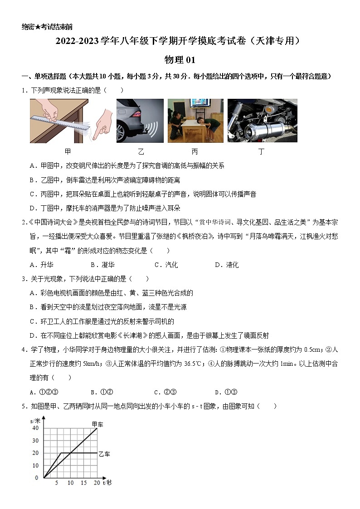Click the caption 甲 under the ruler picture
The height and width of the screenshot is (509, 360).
(68, 151)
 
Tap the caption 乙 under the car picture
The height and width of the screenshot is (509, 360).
(141, 151)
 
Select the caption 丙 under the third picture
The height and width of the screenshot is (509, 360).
(195, 151)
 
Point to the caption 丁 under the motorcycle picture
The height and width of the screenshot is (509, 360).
(261, 151)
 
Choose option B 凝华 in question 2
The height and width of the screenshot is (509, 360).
(102, 265)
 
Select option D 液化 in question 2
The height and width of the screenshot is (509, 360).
(227, 265)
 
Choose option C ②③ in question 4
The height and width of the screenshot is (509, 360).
(165, 392)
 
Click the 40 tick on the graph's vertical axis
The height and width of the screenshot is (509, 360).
(35, 428)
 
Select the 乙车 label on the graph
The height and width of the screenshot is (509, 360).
(104, 453)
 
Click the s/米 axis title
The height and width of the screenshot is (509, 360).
(36, 421)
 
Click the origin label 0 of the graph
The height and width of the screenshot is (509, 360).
(37, 478)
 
